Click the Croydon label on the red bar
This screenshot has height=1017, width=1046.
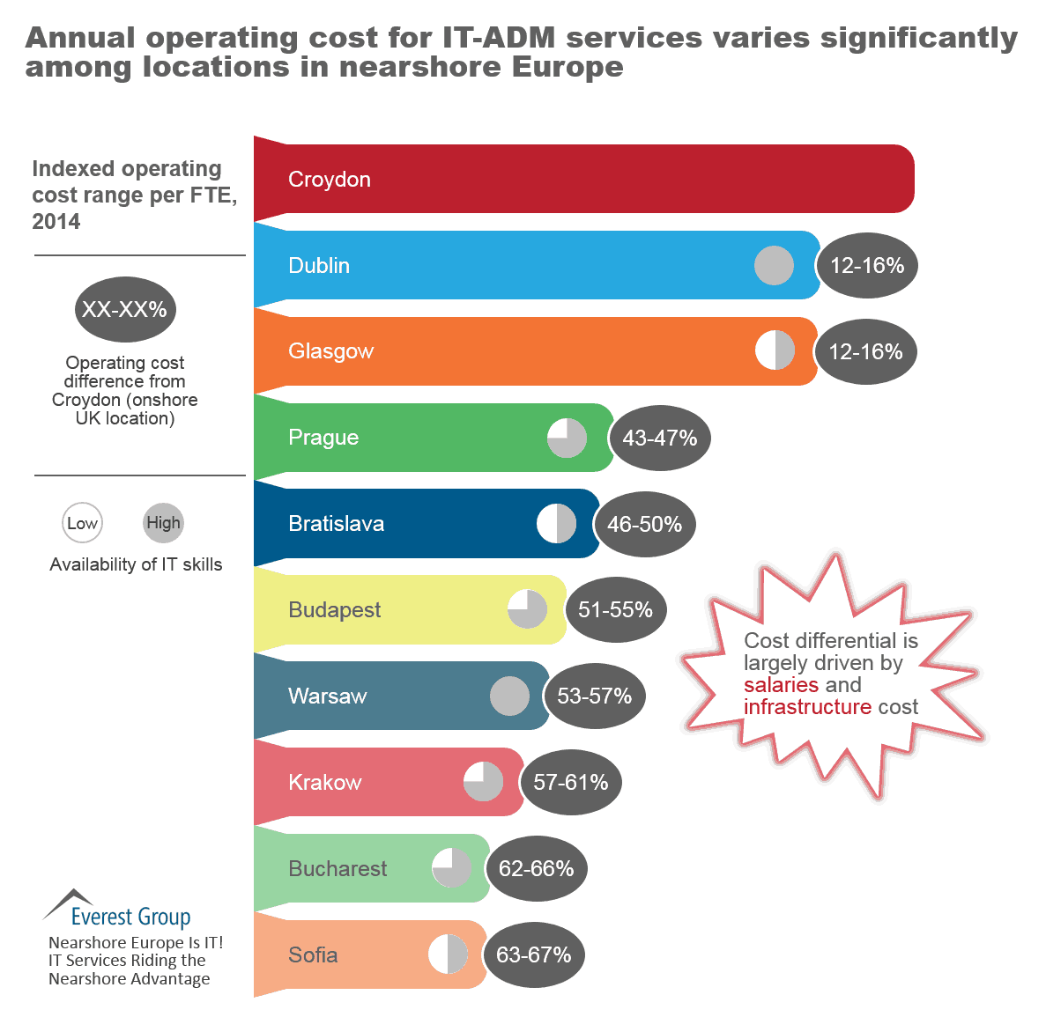pyautogui.click(x=329, y=180)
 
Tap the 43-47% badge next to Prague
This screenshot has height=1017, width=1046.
pyautogui.click(x=659, y=438)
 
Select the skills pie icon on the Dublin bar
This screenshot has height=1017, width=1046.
pyautogui.click(x=774, y=265)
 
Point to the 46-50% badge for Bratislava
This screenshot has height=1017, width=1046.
pyautogui.click(x=644, y=524)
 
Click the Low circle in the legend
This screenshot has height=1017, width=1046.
pyautogui.click(x=82, y=523)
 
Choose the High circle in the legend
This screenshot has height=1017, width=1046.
pyautogui.click(x=163, y=523)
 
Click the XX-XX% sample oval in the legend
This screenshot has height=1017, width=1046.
pyautogui.click(x=125, y=310)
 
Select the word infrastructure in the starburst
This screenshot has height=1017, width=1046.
pyautogui.click(x=807, y=707)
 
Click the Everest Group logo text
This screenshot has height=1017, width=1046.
pyautogui.click(x=130, y=917)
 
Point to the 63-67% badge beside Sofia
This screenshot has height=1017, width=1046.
pyautogui.click(x=533, y=955)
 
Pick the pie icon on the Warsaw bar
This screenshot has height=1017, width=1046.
pyautogui.click(x=509, y=696)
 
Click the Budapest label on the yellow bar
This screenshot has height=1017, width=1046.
pyautogui.click(x=334, y=610)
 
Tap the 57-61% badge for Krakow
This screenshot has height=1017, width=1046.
pyautogui.click(x=570, y=783)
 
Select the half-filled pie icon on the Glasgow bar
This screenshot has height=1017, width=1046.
pyautogui.click(x=775, y=350)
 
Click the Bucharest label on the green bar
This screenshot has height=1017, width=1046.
pyautogui.click(x=338, y=869)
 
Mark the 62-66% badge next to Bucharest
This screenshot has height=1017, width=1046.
pyautogui.click(x=536, y=869)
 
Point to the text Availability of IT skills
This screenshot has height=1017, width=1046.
pyautogui.click(x=136, y=564)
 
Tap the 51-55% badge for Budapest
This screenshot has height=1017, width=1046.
pyautogui.click(x=615, y=609)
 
